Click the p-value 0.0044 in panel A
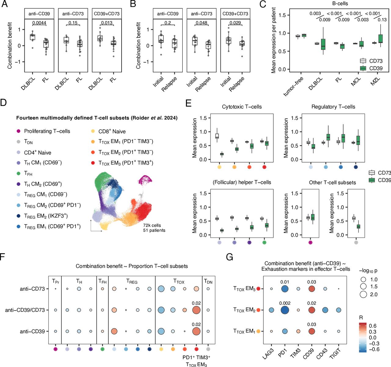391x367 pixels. (39, 23)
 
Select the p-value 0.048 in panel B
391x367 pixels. (201, 23)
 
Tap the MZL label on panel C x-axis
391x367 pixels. (375, 81)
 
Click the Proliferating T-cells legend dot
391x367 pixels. (18, 131)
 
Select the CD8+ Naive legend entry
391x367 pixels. (112, 131)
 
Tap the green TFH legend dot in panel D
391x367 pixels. (18, 173)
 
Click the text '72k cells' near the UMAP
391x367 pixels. (152, 225)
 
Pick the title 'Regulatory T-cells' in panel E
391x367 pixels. (333, 107)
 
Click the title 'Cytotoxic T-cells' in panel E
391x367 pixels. (242, 107)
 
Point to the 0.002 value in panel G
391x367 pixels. (285, 303)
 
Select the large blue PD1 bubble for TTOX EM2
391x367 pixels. (285, 310)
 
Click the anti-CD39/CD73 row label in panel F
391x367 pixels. (25, 310)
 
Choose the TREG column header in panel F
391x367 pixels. (132, 282)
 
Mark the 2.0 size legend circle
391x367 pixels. (363, 294)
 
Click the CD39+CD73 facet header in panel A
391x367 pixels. (107, 14)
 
